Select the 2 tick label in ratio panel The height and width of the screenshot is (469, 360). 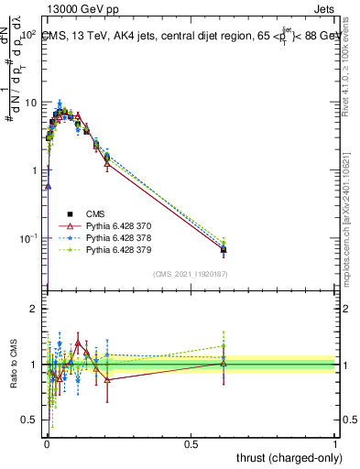coord(35,310)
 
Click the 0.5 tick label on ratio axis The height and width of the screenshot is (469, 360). coord(30,420)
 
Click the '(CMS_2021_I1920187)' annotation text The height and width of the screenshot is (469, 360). coord(191,274)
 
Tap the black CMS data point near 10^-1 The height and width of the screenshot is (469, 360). coord(224,249)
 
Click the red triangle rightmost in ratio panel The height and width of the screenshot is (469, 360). coord(224,364)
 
